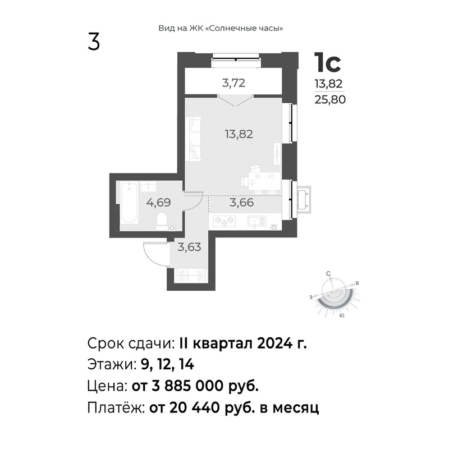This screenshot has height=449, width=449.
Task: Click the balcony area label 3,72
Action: click(x=233, y=83)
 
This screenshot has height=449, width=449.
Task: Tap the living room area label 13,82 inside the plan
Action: click(x=239, y=134)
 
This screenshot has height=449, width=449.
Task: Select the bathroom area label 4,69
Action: click(x=158, y=203)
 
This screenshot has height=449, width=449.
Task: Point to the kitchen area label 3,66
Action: click(x=242, y=203)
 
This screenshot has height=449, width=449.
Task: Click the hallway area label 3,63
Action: click(x=189, y=247)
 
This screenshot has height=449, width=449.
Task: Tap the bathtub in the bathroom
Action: click(x=129, y=202)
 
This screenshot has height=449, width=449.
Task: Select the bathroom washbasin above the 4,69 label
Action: click(x=148, y=187)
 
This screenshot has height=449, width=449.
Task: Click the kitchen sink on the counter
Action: click(x=257, y=221)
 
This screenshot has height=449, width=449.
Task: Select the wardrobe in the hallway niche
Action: click(x=190, y=276)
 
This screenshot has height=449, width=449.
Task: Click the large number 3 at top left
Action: click(x=94, y=42)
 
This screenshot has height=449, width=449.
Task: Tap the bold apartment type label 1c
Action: click(x=327, y=62)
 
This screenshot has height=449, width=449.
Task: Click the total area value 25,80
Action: click(x=330, y=100)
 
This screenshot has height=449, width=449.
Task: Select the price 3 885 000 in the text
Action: click(x=187, y=386)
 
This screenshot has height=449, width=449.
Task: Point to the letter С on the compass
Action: click(x=328, y=274)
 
